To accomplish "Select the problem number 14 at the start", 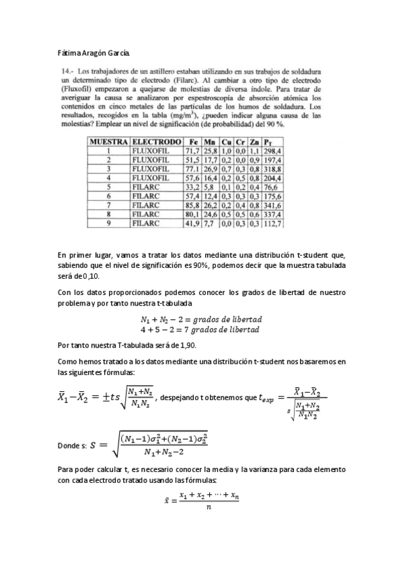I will pyautogui.click(x=66, y=71).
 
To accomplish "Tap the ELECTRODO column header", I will pyautogui.click(x=157, y=142).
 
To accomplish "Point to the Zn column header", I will pyautogui.click(x=254, y=142).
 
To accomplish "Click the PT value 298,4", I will pyautogui.click(x=272, y=152).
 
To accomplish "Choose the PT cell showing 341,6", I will pyautogui.click(x=272, y=205).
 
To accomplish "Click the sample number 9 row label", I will pyautogui.click(x=108, y=222).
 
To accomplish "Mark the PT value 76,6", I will pyautogui.click(x=271, y=187).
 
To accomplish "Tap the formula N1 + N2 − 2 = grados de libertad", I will pyautogui.click(x=201, y=319).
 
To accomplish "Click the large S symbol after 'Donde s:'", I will pyautogui.click(x=103, y=445).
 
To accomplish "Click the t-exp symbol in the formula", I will pyautogui.click(x=268, y=397).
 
